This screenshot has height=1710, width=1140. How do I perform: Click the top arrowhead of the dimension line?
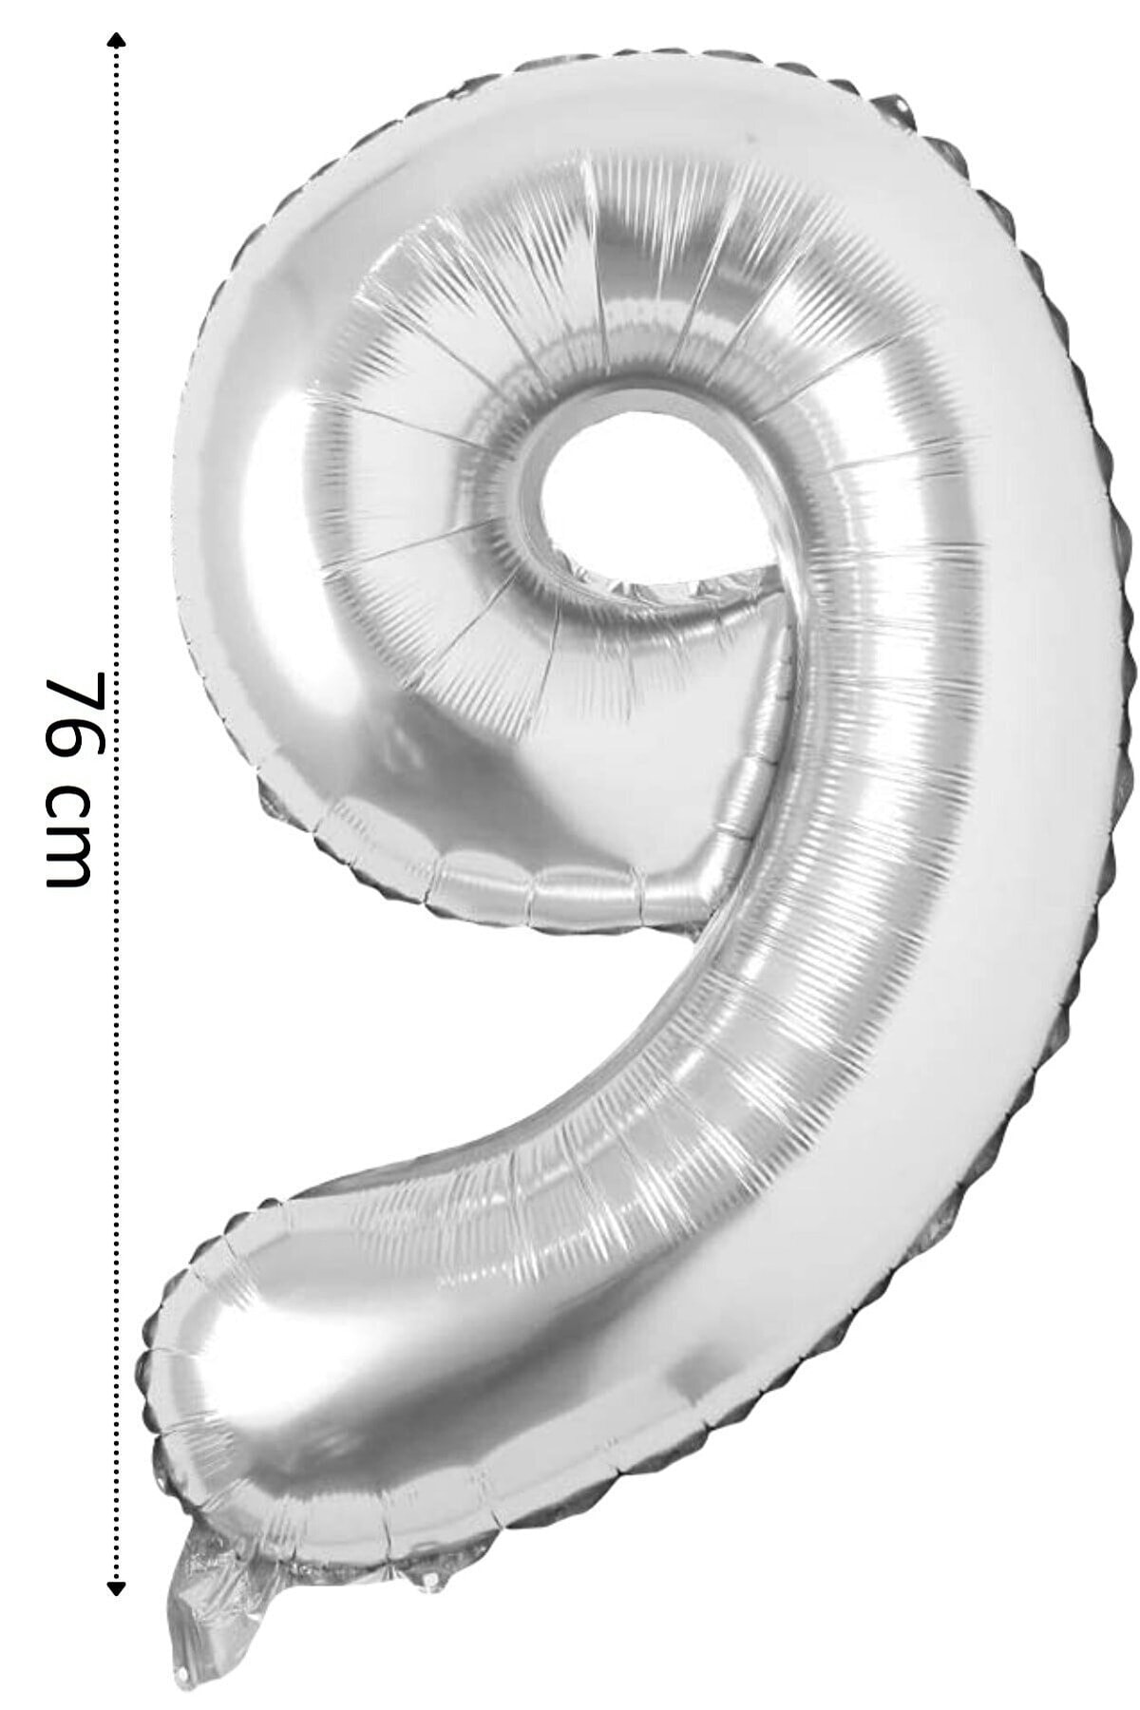tap(117, 40)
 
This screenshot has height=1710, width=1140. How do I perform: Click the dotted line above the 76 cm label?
tap(117, 351)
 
